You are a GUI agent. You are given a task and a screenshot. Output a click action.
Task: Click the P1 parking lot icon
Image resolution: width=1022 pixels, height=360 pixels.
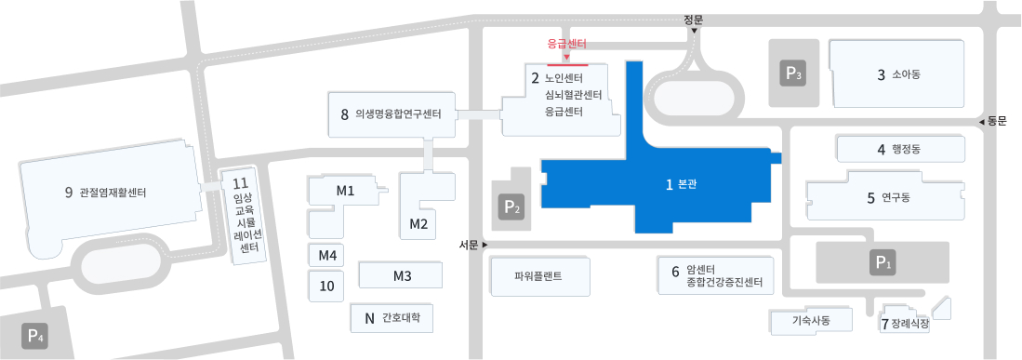[883, 263]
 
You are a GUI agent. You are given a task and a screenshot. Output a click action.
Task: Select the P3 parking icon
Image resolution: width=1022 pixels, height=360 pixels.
[792, 73]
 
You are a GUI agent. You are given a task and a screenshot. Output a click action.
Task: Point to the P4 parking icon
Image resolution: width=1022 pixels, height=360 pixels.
[35, 336]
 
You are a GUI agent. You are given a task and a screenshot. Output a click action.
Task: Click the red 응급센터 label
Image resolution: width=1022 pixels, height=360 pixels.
[566, 44]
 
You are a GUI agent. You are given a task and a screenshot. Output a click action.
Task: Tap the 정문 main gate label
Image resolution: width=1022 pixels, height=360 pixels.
[693, 19]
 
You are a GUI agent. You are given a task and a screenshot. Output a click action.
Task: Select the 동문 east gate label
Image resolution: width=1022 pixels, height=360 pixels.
[996, 121]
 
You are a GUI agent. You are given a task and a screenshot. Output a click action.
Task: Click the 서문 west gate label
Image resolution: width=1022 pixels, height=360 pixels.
[469, 245]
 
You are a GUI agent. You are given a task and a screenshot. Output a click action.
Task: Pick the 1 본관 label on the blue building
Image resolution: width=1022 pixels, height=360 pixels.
[682, 184]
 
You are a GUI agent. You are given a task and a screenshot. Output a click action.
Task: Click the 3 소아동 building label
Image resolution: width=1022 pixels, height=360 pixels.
[897, 75]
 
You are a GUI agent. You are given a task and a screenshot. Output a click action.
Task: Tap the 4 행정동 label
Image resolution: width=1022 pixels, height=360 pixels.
[897, 149]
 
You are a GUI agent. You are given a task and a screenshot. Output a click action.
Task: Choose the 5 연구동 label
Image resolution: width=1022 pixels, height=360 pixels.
[888, 197]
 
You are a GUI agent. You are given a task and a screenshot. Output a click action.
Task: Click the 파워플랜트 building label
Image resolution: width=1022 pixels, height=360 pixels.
[538, 276]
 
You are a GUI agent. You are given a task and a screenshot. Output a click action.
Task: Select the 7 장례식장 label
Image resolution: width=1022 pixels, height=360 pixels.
[905, 325]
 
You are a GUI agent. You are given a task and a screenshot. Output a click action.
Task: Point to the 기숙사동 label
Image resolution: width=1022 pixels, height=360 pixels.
[809, 321]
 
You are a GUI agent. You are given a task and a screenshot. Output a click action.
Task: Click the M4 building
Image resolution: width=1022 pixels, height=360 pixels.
[326, 255]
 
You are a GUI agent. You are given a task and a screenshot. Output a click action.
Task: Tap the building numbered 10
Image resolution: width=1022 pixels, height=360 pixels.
[326, 286]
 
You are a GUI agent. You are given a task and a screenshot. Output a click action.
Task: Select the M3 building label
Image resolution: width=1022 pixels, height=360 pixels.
[403, 276]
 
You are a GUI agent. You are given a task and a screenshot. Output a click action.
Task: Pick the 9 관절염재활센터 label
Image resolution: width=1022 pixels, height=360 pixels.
[105, 193]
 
